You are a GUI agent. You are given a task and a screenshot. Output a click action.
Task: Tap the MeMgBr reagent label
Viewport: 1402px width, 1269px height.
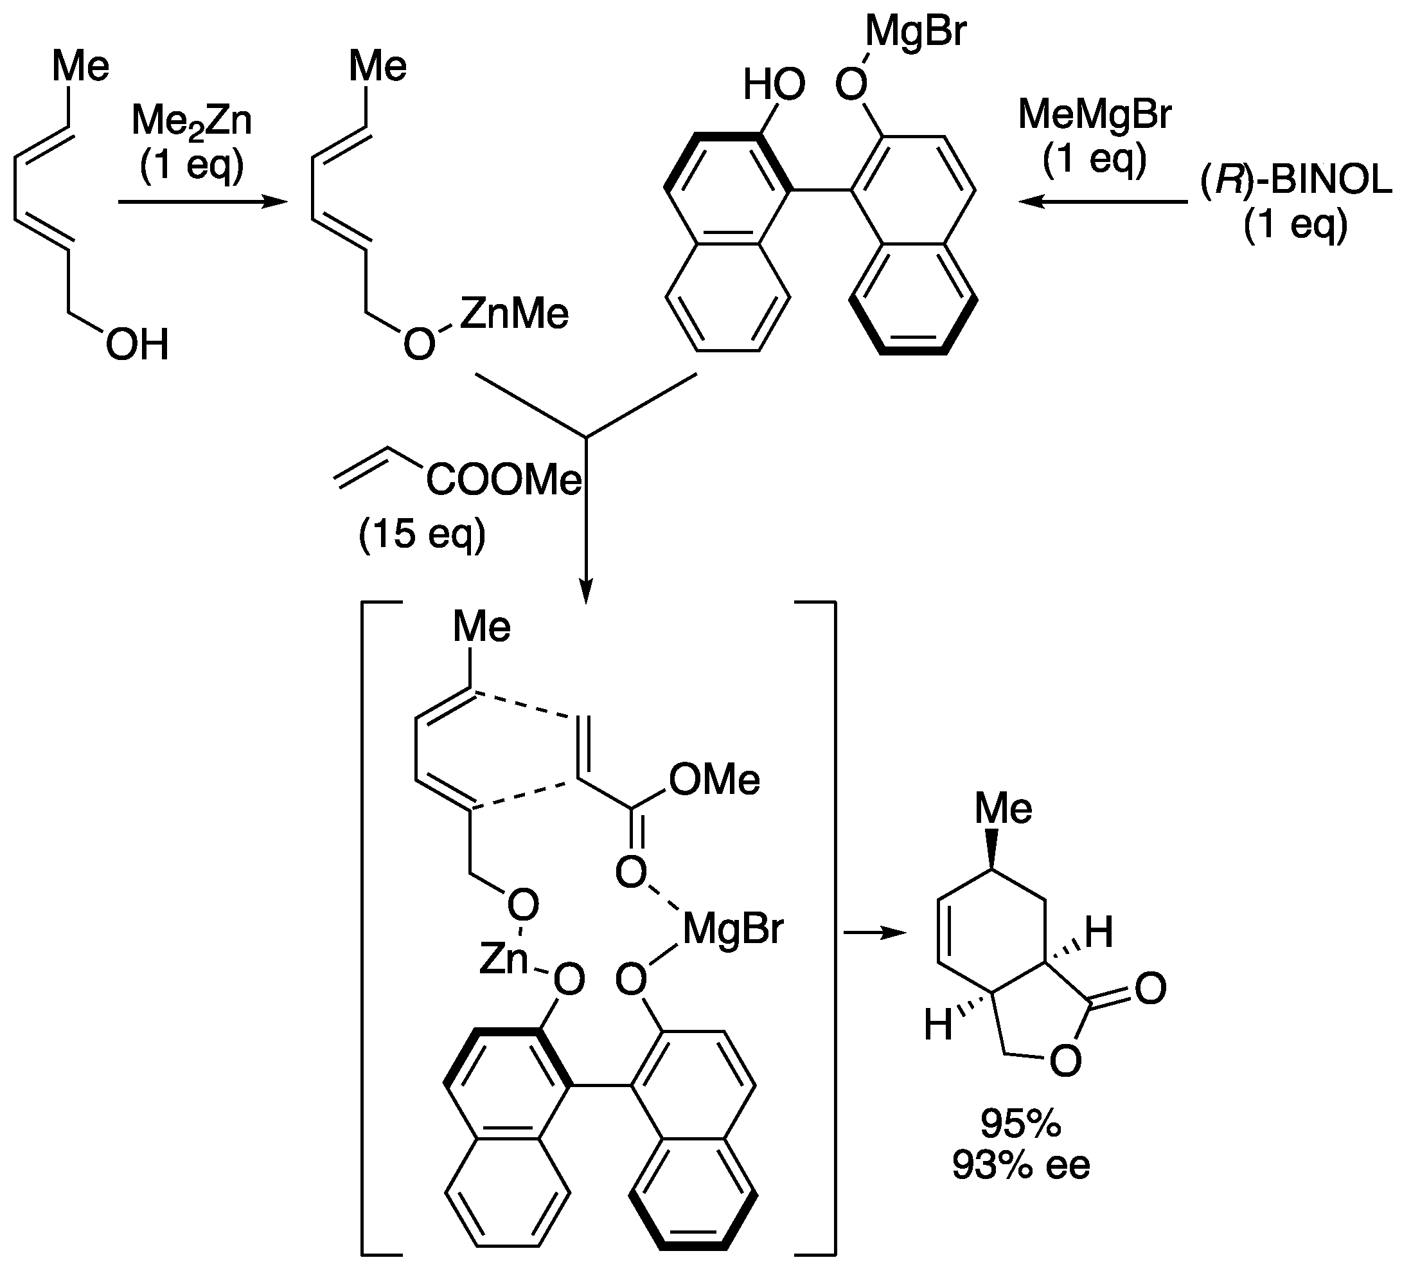[1095, 115]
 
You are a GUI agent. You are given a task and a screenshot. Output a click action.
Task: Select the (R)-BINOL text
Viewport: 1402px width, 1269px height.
[1295, 183]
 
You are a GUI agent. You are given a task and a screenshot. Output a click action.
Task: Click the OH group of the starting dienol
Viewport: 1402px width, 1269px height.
[137, 345]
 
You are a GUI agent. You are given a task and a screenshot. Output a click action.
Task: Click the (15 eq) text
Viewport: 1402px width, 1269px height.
[422, 534]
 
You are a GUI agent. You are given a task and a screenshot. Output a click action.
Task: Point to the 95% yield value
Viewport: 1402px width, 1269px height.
[1020, 1123]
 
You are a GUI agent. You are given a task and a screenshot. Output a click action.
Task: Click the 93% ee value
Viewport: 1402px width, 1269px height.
[1020, 1165]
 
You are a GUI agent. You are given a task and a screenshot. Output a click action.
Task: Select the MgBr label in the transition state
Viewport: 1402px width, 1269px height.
[733, 929]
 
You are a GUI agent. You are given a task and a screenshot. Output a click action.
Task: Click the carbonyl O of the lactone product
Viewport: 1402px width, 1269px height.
[1149, 989]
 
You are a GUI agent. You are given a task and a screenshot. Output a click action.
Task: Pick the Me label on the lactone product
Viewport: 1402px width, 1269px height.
[1003, 809]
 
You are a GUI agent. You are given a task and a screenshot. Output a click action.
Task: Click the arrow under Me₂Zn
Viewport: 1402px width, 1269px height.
[202, 203]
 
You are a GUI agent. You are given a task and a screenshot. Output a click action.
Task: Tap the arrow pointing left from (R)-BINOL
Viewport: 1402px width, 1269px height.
[1103, 203]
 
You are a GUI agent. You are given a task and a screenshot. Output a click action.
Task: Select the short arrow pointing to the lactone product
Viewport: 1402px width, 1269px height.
[875, 933]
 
